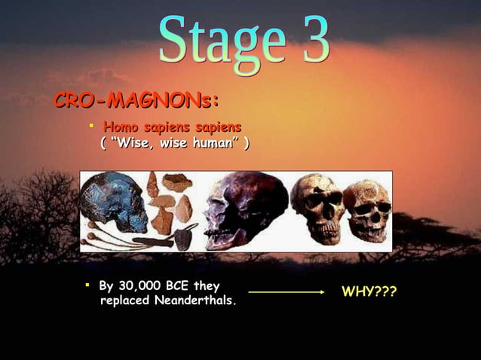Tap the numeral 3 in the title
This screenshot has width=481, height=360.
coord(311,39)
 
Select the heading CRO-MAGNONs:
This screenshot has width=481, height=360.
coord(135,101)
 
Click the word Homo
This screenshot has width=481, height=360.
coord(119,128)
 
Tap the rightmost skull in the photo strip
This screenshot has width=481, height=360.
coord(367,210)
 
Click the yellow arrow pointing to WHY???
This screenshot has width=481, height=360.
coord(286,291)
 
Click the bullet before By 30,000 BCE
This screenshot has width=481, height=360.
coord(87,285)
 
